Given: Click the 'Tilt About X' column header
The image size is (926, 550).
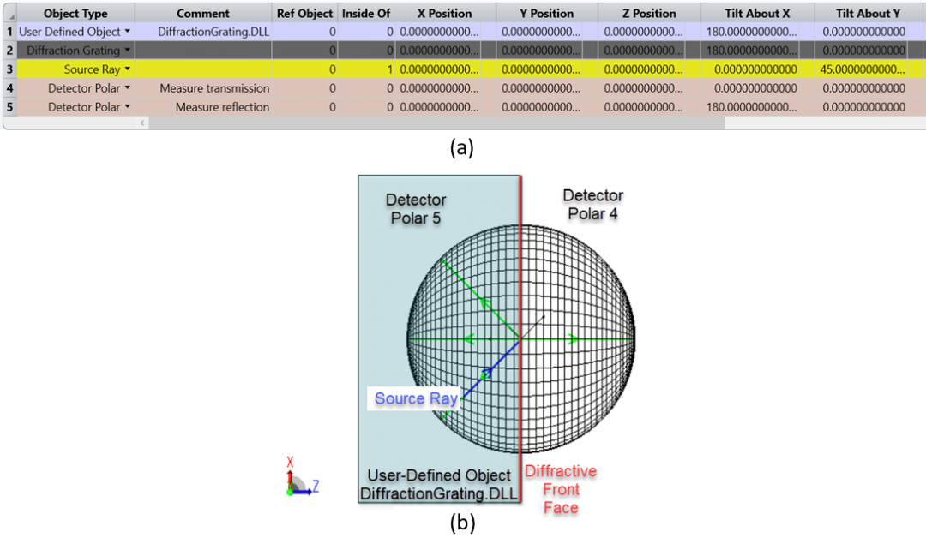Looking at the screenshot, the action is click(x=757, y=13).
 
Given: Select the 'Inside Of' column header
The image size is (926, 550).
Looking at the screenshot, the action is click(x=366, y=13).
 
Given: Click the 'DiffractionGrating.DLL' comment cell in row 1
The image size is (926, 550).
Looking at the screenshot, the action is click(x=213, y=32).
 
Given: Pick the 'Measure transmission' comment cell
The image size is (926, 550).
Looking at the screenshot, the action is click(x=214, y=88).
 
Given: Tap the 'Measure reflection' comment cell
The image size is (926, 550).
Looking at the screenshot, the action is click(x=222, y=107).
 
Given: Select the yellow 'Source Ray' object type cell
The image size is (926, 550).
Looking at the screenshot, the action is click(x=92, y=69).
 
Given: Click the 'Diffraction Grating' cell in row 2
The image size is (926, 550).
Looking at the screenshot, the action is click(x=73, y=51).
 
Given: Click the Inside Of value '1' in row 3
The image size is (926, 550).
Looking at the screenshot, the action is click(x=390, y=69).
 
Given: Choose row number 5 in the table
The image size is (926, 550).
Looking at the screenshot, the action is click(x=9, y=107).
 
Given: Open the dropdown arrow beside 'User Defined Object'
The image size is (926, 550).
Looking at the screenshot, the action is click(x=128, y=32).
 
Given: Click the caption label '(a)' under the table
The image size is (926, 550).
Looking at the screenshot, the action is click(x=462, y=147).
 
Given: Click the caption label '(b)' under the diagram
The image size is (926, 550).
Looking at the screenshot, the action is click(x=462, y=523).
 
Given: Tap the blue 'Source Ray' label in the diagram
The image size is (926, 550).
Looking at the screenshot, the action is click(x=416, y=398).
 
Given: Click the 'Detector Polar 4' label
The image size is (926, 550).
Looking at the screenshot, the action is click(x=593, y=204).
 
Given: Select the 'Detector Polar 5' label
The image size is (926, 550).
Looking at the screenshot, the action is click(x=416, y=208).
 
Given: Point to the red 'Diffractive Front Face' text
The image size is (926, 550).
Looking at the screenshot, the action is click(x=561, y=489).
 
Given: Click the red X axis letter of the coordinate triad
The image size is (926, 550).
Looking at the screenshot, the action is click(x=290, y=462).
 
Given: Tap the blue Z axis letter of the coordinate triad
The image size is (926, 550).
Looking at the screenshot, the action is click(x=316, y=486).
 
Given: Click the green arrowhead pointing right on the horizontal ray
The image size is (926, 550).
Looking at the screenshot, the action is click(x=573, y=338).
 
